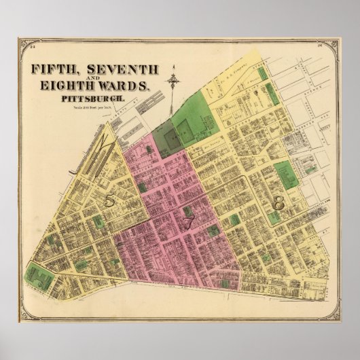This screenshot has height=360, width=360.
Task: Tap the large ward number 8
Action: (x=277, y=202)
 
